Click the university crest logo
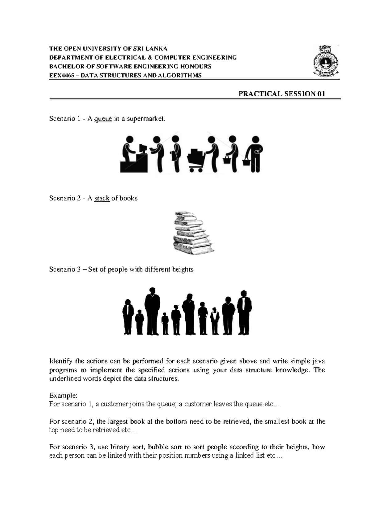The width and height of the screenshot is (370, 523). coord(326,61)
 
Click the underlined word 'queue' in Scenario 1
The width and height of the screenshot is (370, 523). coord(103,119)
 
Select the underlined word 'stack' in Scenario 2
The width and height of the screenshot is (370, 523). coord(102,198)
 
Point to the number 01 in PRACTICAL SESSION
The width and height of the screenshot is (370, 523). coord(320,94)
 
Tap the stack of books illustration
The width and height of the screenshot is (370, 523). coord(192,233)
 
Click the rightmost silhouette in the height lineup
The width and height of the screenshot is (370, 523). coord(244,312)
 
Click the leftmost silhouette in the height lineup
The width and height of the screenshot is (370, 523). coord(127,317)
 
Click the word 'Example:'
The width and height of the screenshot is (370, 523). coord(60,395)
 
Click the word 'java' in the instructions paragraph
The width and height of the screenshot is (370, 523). coord(319,361)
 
